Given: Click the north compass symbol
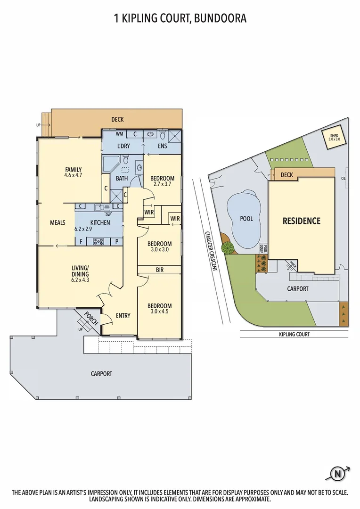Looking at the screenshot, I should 337,473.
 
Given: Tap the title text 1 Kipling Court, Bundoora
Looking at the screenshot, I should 180,18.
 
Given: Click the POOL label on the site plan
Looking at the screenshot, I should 246,219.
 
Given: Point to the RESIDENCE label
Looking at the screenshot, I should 301,221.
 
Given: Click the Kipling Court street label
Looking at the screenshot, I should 293,334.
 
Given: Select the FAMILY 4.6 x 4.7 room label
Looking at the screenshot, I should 73,172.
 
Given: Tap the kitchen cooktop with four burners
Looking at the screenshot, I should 99,242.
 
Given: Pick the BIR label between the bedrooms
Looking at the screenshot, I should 159,270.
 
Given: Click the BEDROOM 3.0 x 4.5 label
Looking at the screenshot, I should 159,309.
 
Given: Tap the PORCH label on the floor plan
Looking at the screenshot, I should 90,319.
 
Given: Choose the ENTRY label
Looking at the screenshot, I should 123,315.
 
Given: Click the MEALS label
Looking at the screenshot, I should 57,222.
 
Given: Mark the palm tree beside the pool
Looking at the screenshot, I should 228,247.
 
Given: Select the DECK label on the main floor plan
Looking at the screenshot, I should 117,120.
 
